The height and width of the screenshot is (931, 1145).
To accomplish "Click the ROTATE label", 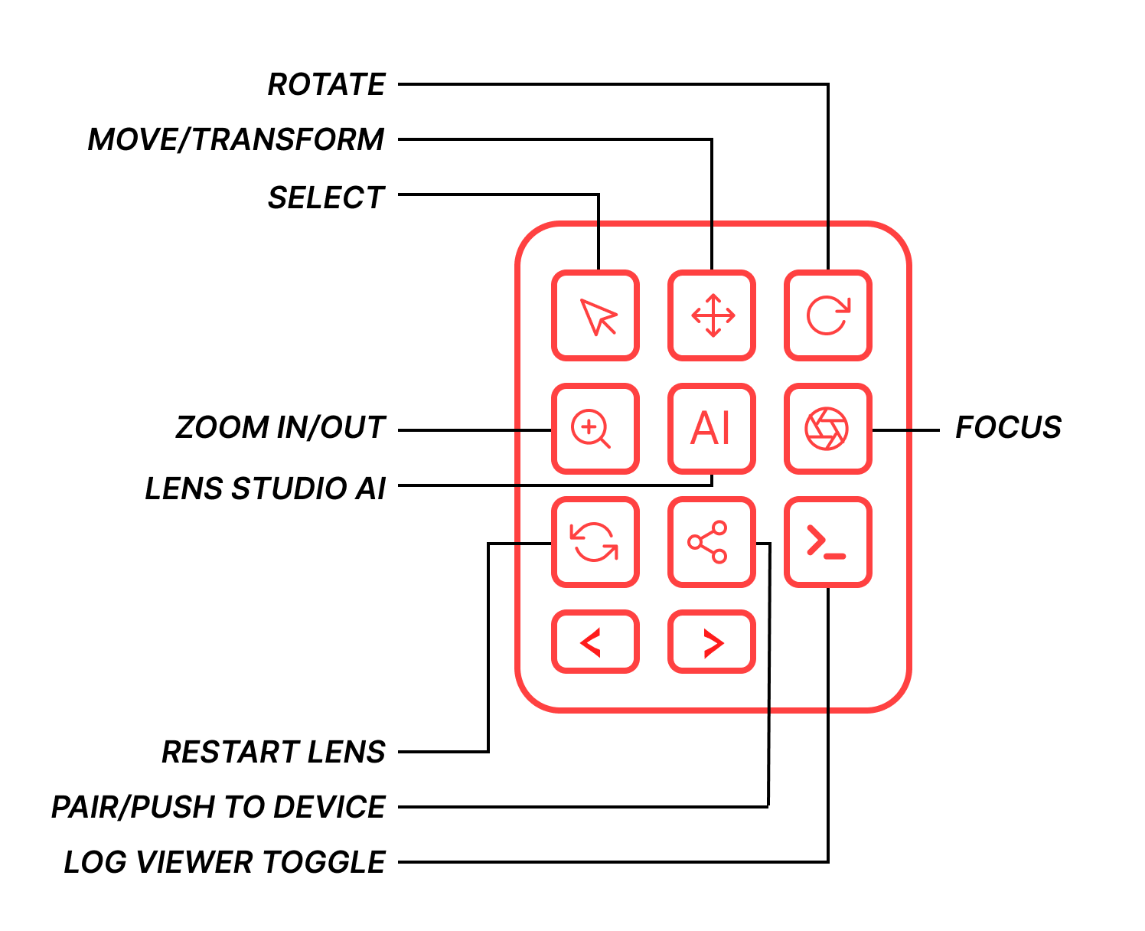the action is click(x=326, y=84).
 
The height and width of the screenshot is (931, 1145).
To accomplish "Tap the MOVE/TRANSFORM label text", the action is click(x=236, y=140).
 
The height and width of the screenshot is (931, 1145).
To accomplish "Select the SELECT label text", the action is click(x=326, y=198).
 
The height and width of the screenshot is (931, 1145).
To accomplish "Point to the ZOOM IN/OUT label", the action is click(x=280, y=427).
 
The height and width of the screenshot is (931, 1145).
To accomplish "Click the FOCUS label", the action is click(x=1009, y=427).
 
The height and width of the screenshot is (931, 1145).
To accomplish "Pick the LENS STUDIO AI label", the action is click(x=266, y=488).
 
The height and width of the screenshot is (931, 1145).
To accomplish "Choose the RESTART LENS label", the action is click(x=273, y=752).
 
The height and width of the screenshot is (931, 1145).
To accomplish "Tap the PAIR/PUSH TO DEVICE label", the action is click(x=218, y=807).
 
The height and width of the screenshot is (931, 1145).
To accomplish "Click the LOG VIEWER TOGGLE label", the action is click(x=225, y=862).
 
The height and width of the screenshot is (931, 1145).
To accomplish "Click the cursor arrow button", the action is click(x=595, y=315).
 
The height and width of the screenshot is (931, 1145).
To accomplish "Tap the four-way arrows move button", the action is click(x=712, y=315).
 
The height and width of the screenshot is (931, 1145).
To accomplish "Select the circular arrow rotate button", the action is click(x=828, y=315).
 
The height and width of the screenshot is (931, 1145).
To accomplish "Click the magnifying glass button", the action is click(x=595, y=429).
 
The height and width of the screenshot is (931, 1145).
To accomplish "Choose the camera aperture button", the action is click(x=828, y=429).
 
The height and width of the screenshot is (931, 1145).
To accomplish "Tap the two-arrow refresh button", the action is click(x=595, y=542).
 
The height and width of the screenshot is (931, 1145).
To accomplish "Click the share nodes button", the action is click(x=712, y=542).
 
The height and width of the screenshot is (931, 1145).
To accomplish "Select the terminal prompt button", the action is click(x=828, y=542).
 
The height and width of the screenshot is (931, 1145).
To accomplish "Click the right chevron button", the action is click(x=712, y=642).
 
